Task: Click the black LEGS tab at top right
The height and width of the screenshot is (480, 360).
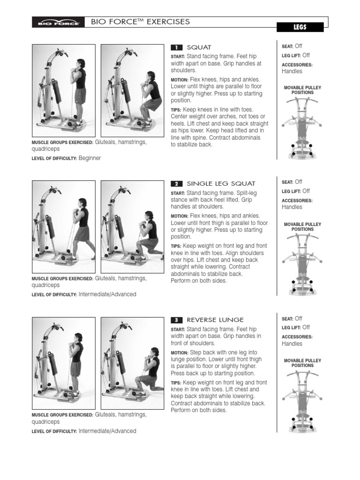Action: click(x=300, y=27)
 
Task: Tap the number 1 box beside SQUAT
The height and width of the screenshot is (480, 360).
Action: click(x=176, y=47)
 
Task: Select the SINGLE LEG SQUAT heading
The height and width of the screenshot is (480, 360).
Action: click(x=214, y=183)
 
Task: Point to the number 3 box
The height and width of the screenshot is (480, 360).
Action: click(x=176, y=320)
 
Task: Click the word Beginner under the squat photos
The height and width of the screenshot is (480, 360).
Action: click(x=90, y=158)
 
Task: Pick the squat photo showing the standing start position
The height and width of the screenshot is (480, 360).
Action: click(x=63, y=90)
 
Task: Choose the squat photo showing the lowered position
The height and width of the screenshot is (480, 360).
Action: click(x=133, y=90)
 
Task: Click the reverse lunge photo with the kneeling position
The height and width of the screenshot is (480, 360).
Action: click(x=133, y=363)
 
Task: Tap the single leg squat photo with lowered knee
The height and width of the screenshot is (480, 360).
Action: click(x=133, y=227)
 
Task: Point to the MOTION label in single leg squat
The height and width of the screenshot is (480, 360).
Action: click(x=179, y=216)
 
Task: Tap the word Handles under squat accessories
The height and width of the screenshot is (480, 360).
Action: click(x=292, y=71)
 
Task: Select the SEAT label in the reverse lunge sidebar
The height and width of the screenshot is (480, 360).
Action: click(x=287, y=319)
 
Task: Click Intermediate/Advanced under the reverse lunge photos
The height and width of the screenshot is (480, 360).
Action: click(x=107, y=431)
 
